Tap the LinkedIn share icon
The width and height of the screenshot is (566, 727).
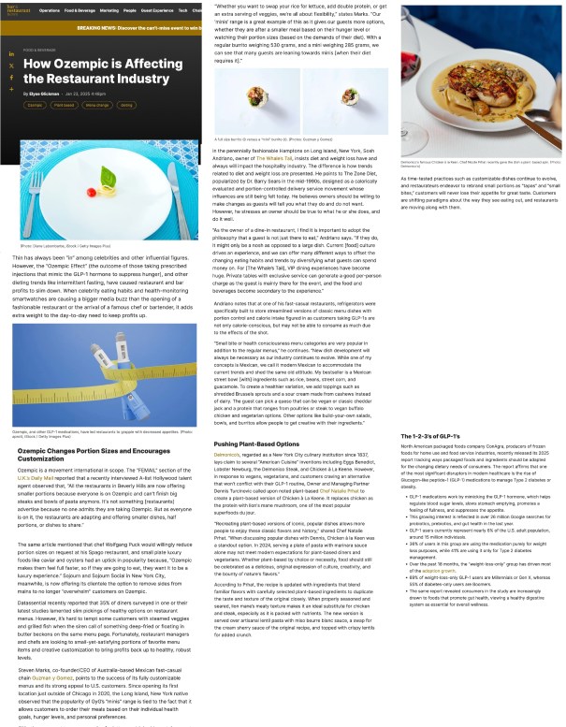click(x=11, y=55)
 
